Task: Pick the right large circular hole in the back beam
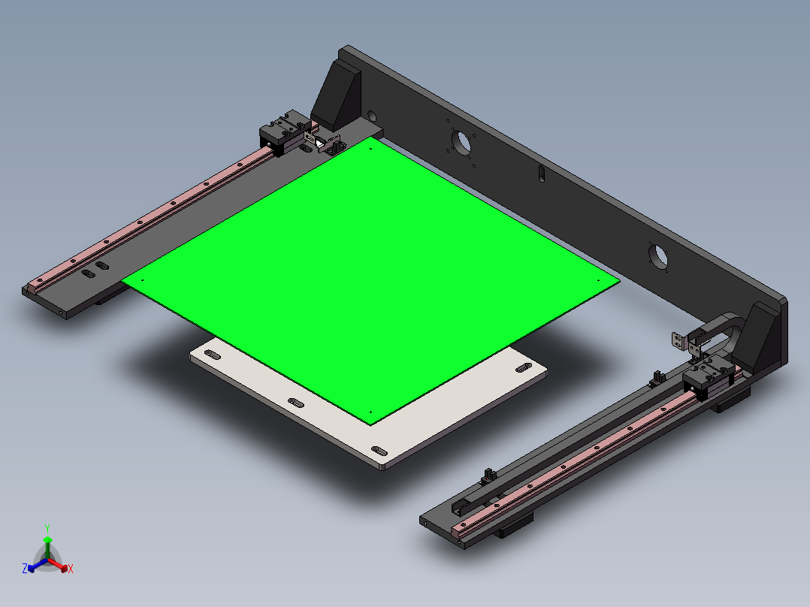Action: (657, 255)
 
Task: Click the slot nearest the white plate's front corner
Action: (379, 451)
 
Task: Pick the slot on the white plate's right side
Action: (521, 370)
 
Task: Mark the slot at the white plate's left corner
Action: (213, 354)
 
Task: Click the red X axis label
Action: (71, 569)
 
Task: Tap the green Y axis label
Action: (47, 527)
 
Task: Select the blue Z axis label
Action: (25, 569)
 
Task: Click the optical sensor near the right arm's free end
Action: (488, 474)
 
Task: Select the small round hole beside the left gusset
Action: (371, 116)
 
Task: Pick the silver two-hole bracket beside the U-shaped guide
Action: (680, 341)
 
